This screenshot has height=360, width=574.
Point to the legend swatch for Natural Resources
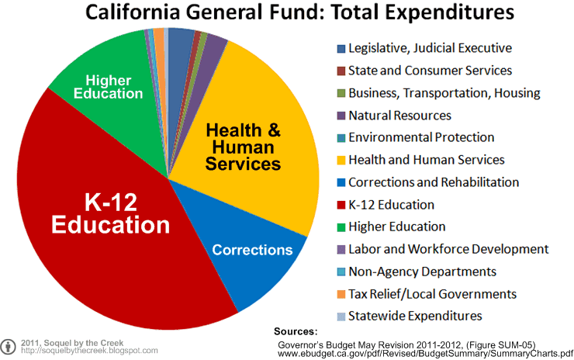[x=341, y=116]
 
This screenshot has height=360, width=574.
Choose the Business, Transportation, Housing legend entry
[x=444, y=93]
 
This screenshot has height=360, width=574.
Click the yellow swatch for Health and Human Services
[x=341, y=160]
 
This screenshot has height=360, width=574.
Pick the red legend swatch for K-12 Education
[x=341, y=205]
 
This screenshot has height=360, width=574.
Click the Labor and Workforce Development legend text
[x=448, y=249]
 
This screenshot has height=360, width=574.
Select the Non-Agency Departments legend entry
[x=422, y=272]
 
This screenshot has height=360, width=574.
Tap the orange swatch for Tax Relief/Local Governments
[x=341, y=294]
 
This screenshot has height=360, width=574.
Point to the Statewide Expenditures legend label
[x=415, y=316]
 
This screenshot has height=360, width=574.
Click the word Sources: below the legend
[x=296, y=331]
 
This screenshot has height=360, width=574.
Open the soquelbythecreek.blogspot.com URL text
[x=89, y=351]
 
